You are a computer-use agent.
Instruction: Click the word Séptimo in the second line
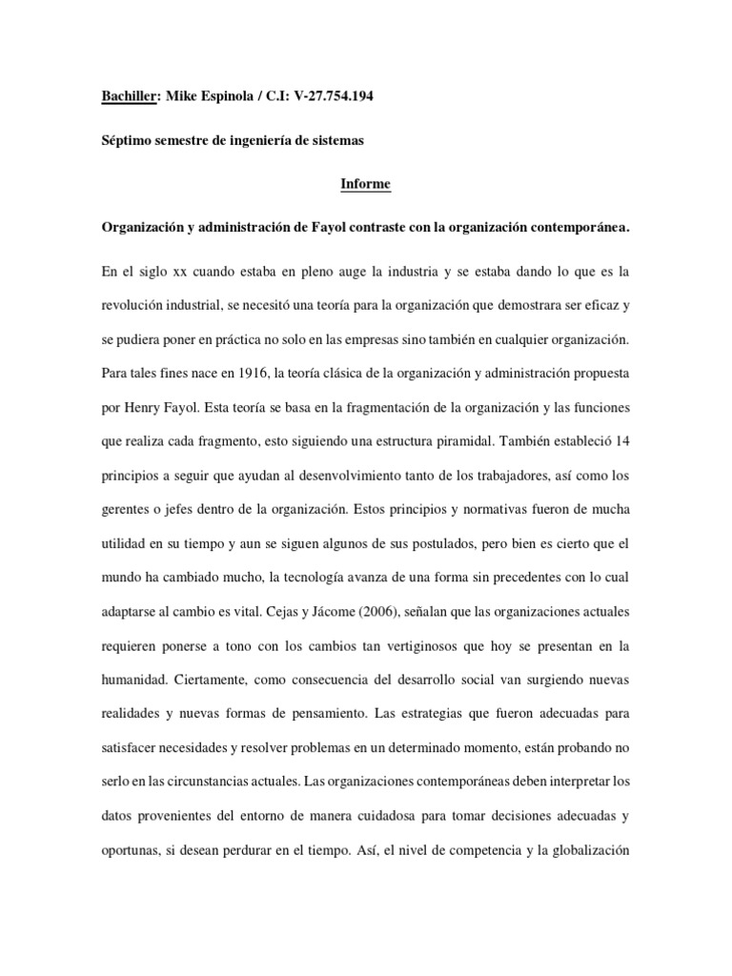(x=132, y=141)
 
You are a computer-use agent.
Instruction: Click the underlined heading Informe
(x=366, y=185)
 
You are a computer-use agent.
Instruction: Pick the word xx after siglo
(x=181, y=273)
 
